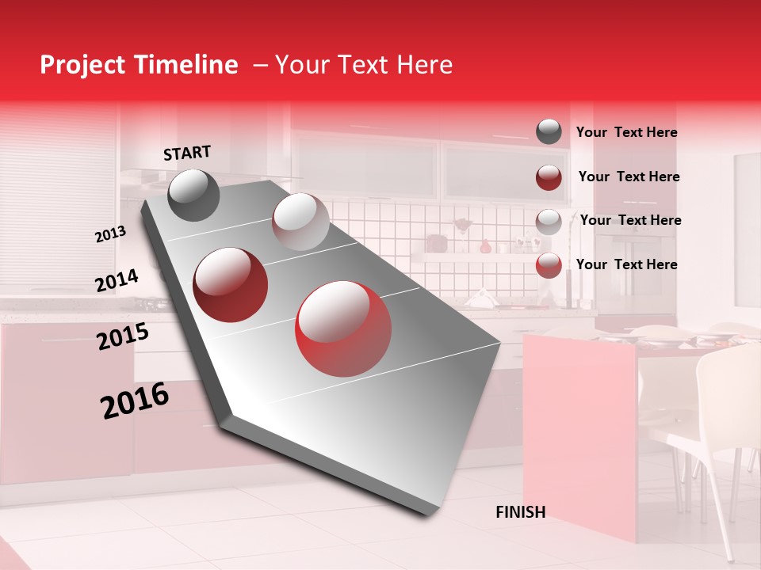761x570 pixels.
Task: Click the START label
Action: coord(187,153)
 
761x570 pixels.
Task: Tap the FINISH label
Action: coord(520,512)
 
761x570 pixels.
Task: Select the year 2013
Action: coord(110,234)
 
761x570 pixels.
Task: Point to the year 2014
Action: coord(117,281)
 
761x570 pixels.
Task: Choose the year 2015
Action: coord(122,336)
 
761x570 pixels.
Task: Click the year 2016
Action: coord(135,401)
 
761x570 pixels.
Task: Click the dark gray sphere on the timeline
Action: coord(193,195)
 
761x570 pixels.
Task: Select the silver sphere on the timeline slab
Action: coord(300,222)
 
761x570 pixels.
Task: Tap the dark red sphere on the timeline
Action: coord(231,284)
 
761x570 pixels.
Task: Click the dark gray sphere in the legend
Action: coord(549,131)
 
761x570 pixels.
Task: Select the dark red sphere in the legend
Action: coord(549,177)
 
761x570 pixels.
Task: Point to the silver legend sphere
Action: coord(549,222)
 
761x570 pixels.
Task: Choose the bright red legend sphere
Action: coord(549,265)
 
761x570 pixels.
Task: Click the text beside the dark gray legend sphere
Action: coord(626,132)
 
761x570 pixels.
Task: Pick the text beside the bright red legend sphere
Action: coord(626,264)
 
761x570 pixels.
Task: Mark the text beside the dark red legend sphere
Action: coord(629,177)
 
